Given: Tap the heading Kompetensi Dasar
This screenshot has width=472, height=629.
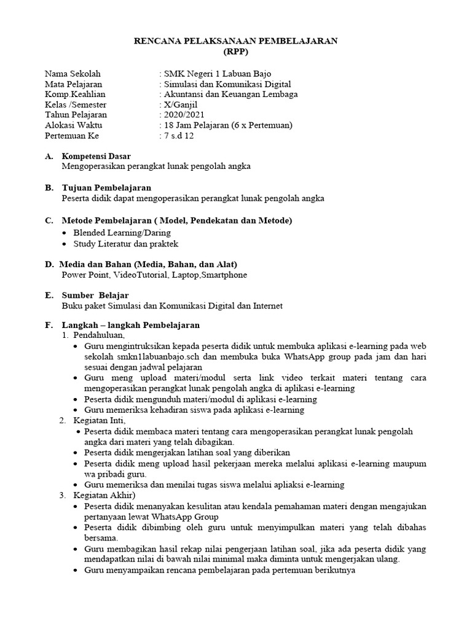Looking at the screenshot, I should pos(96,156).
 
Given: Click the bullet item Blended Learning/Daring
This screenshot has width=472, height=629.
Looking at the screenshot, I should pos(122,233).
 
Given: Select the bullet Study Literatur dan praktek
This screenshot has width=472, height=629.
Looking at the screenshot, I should pos(125,244).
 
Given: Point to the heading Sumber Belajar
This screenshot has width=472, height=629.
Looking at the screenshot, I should pos(95,295).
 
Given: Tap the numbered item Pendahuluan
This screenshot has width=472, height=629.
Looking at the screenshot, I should pos(99,335).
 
